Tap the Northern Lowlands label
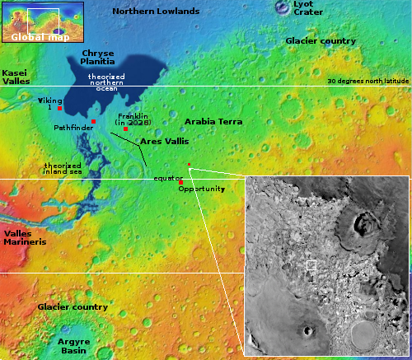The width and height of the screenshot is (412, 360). click(156, 12)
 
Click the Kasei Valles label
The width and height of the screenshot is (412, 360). click(16, 77)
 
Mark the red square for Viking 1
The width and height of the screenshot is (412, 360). click(59, 109)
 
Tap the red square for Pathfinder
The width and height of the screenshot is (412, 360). click(94, 122)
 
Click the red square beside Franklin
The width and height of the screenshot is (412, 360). click(125, 129)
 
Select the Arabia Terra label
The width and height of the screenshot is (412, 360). click(213, 122)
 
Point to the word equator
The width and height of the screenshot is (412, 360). click(167, 178)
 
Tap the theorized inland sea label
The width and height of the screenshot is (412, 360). click(63, 168)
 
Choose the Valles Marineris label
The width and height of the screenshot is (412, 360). click(24, 239)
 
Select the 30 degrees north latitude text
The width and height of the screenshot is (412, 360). click(367, 82)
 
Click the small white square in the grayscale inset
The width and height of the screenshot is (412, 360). click(311, 265)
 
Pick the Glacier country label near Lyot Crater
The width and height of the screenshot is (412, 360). click(321, 40)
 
